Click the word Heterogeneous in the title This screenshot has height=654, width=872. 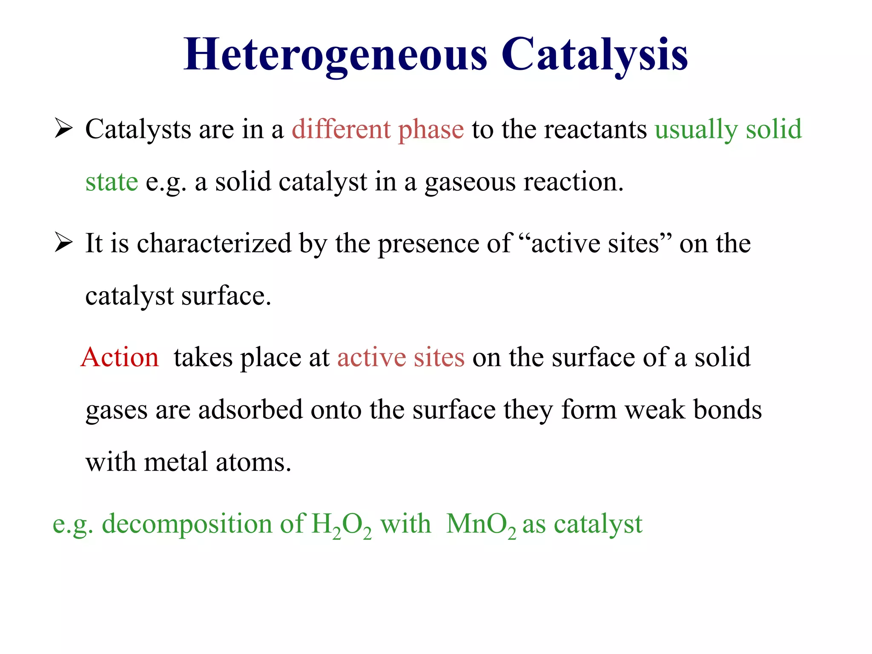[335, 54]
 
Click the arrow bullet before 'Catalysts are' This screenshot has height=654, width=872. [64, 129]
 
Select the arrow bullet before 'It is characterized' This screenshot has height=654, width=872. [64, 243]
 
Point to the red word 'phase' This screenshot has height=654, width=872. [431, 130]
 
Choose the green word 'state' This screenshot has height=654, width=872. [112, 182]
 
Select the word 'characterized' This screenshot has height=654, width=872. [214, 244]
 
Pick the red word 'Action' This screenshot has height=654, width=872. [120, 357]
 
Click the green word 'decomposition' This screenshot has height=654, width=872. [187, 524]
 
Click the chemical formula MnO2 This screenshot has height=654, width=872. [481, 525]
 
